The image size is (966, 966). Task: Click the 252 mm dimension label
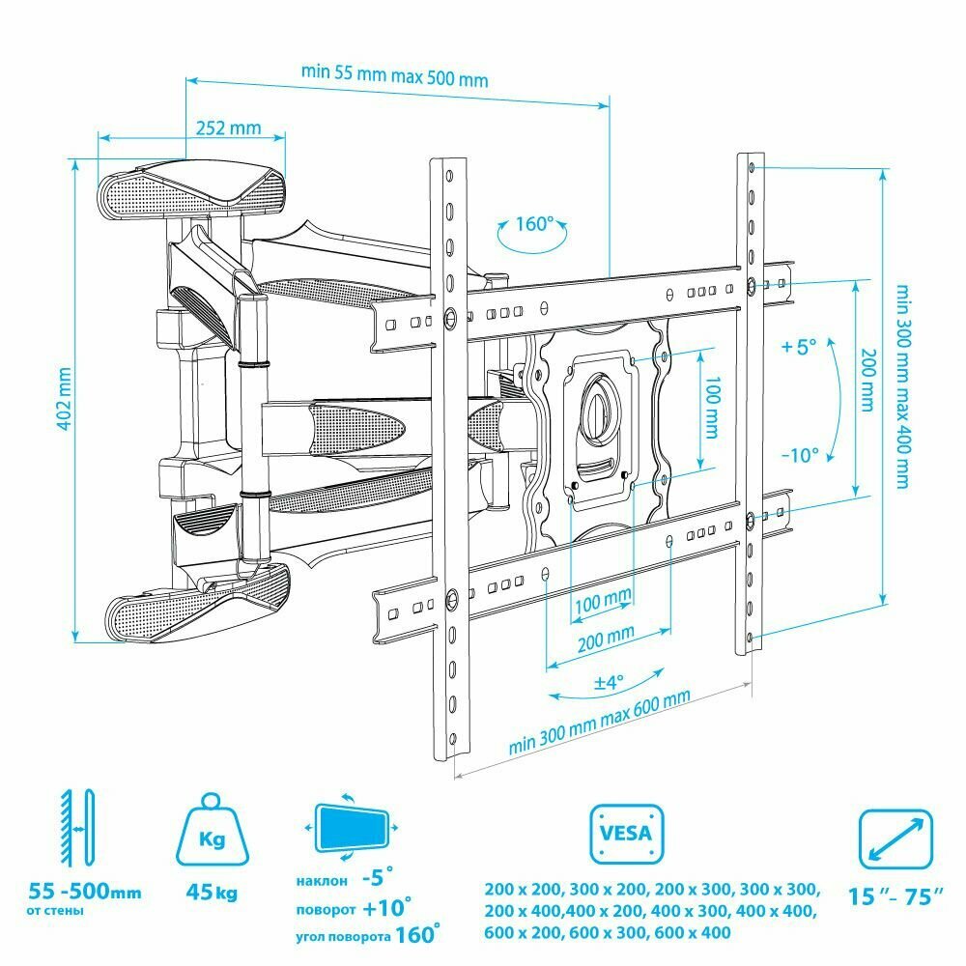point(229,127)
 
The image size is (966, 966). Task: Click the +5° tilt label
point(800,345)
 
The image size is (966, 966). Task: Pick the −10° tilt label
point(800,453)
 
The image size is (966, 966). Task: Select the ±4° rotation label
point(607,681)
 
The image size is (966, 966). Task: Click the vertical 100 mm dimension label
point(712,408)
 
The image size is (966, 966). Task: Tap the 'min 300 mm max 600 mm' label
point(600,724)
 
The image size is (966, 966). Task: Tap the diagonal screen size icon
point(897,837)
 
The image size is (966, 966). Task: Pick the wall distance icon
point(76,829)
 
